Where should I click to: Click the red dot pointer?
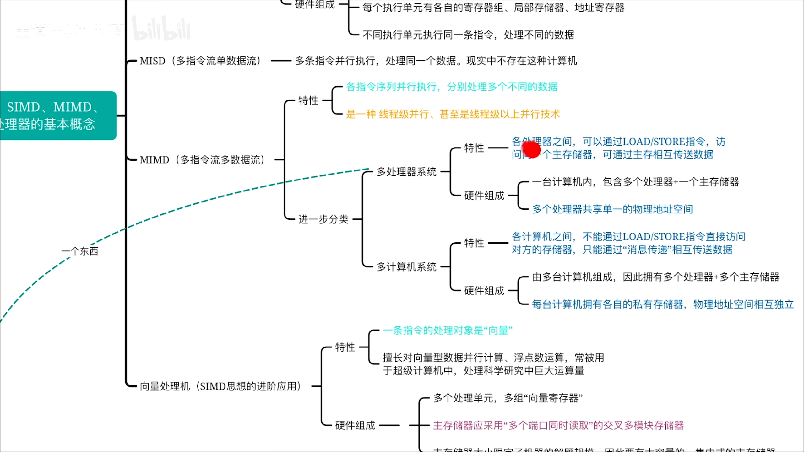tap(531, 149)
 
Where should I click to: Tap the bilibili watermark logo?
tap(162, 29)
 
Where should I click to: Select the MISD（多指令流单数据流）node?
tap(200, 61)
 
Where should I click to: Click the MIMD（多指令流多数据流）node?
tap(202, 160)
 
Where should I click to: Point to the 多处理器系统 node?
tap(406, 172)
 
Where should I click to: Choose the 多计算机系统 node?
tap(406, 267)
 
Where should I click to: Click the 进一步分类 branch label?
tap(323, 219)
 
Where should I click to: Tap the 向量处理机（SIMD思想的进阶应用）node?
tap(220, 386)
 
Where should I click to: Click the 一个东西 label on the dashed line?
tap(80, 251)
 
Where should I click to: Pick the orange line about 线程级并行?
tap(453, 114)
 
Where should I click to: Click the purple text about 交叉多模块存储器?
tap(558, 425)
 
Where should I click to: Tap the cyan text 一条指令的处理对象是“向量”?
tap(448, 330)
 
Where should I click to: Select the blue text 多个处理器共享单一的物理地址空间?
tap(612, 209)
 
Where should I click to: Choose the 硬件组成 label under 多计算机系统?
tap(484, 291)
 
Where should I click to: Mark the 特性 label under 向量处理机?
tap(345, 347)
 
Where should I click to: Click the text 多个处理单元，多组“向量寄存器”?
tap(508, 398)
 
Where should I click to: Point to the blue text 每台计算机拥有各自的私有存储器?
tap(608, 304)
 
